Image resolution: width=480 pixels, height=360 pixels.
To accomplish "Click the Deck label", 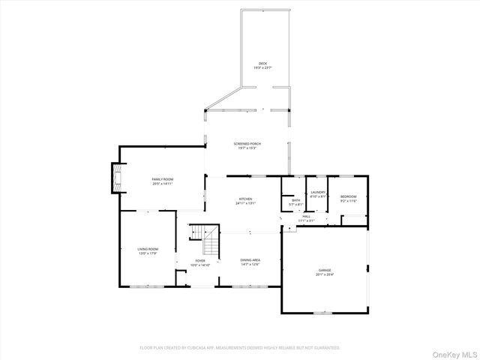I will click(x=262, y=63).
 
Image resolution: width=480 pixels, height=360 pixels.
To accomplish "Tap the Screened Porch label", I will click(x=247, y=143).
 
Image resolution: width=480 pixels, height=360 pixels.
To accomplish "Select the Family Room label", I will click(x=163, y=178).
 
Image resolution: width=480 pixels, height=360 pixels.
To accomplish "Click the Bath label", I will click(x=295, y=199).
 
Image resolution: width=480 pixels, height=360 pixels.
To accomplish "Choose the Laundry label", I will click(x=317, y=193).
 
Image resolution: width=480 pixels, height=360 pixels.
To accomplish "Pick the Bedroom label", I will click(x=349, y=196).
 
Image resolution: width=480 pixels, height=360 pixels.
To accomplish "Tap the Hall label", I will click(x=305, y=216).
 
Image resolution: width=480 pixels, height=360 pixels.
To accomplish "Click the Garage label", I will click(x=324, y=269).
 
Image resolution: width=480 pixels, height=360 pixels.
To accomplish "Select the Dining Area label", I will click(x=250, y=259).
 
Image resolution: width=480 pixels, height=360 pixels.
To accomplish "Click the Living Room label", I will click(x=148, y=248).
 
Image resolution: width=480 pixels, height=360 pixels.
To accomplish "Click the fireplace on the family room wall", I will click(x=114, y=178).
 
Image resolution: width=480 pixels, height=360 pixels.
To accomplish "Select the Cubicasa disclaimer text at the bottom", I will click(x=239, y=348).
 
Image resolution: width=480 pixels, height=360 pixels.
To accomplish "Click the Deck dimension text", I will click(x=262, y=68).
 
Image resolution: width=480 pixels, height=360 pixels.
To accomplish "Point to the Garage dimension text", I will click(x=324, y=274).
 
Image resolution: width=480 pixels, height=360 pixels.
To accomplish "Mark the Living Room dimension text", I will click(x=148, y=253).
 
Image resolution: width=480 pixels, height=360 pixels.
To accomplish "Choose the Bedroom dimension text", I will click(x=349, y=201).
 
